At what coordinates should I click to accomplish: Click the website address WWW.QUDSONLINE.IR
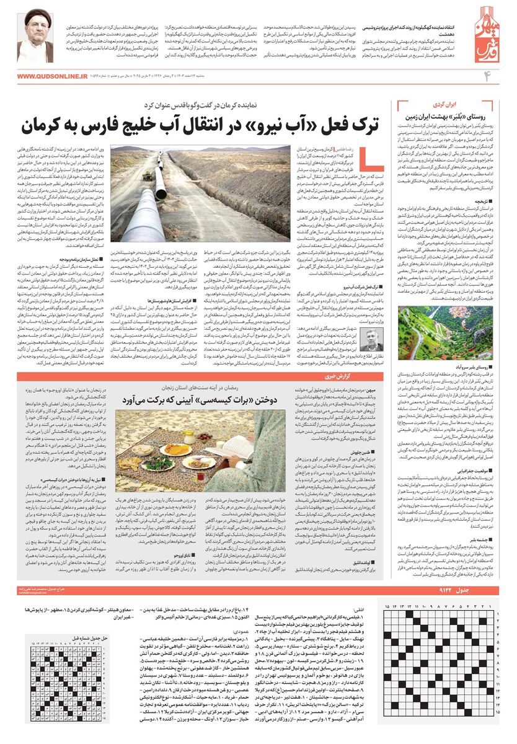pyautogui.click(x=53, y=76)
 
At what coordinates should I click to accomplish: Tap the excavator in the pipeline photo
pyautogui.click(x=148, y=175)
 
